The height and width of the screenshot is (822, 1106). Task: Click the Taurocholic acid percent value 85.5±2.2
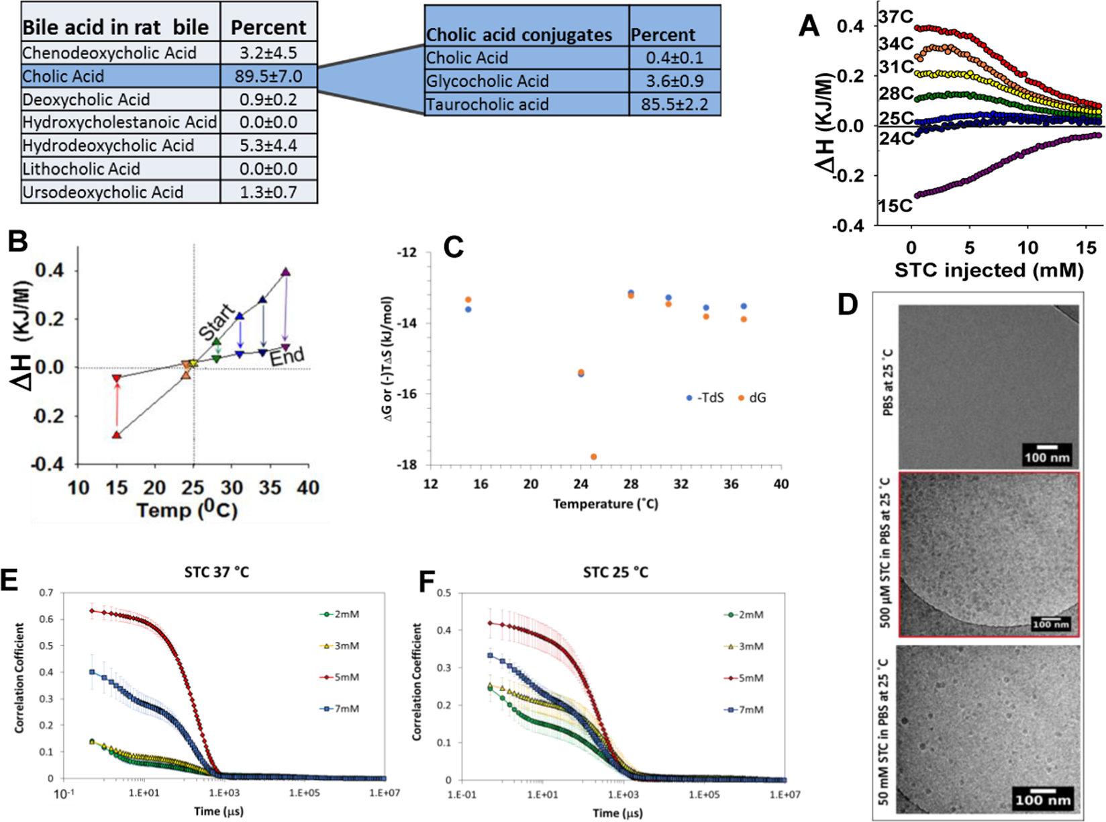coord(674,105)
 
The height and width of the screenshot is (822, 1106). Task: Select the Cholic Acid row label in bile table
coord(63,76)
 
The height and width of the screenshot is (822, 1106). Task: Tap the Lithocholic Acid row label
coord(81,169)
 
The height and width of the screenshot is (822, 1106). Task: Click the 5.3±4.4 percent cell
coord(268,146)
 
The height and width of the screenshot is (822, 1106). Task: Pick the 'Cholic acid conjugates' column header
coord(519,35)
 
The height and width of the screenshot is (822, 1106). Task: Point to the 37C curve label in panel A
coord(895,17)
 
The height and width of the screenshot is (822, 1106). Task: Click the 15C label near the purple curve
coord(895,205)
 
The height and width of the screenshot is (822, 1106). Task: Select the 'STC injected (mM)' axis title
coord(989,270)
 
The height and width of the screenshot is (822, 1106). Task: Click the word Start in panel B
coord(217,322)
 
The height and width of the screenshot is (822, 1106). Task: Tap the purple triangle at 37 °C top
coord(286,272)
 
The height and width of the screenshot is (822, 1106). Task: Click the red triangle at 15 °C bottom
coord(117,435)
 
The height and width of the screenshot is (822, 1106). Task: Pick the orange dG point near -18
coord(593,457)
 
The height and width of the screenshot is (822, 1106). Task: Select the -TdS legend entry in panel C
coord(704,398)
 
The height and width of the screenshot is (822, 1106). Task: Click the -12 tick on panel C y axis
coord(406,253)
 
